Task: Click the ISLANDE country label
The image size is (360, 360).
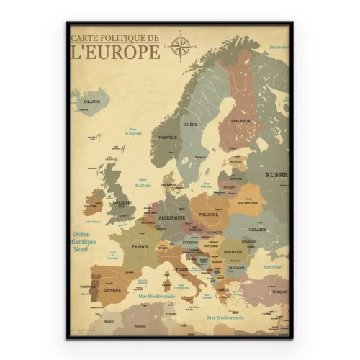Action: pos(91,102)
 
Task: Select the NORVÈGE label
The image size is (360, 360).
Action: pos(167,138)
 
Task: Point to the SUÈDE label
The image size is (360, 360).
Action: pos(191,125)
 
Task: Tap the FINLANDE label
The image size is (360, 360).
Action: pos(241,121)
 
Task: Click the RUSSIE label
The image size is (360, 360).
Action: pos(276,174)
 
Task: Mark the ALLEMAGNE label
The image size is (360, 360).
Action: pos(172,217)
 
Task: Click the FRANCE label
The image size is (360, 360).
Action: pos(139,246)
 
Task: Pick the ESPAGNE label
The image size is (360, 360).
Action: pos(112,289)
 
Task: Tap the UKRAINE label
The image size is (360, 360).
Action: pos(257,229)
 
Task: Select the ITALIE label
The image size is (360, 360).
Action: pos(181,269)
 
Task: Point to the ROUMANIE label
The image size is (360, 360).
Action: pos(233,252)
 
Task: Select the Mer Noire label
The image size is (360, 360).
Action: pos(271,266)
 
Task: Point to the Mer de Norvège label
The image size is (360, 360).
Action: pos(135,132)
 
